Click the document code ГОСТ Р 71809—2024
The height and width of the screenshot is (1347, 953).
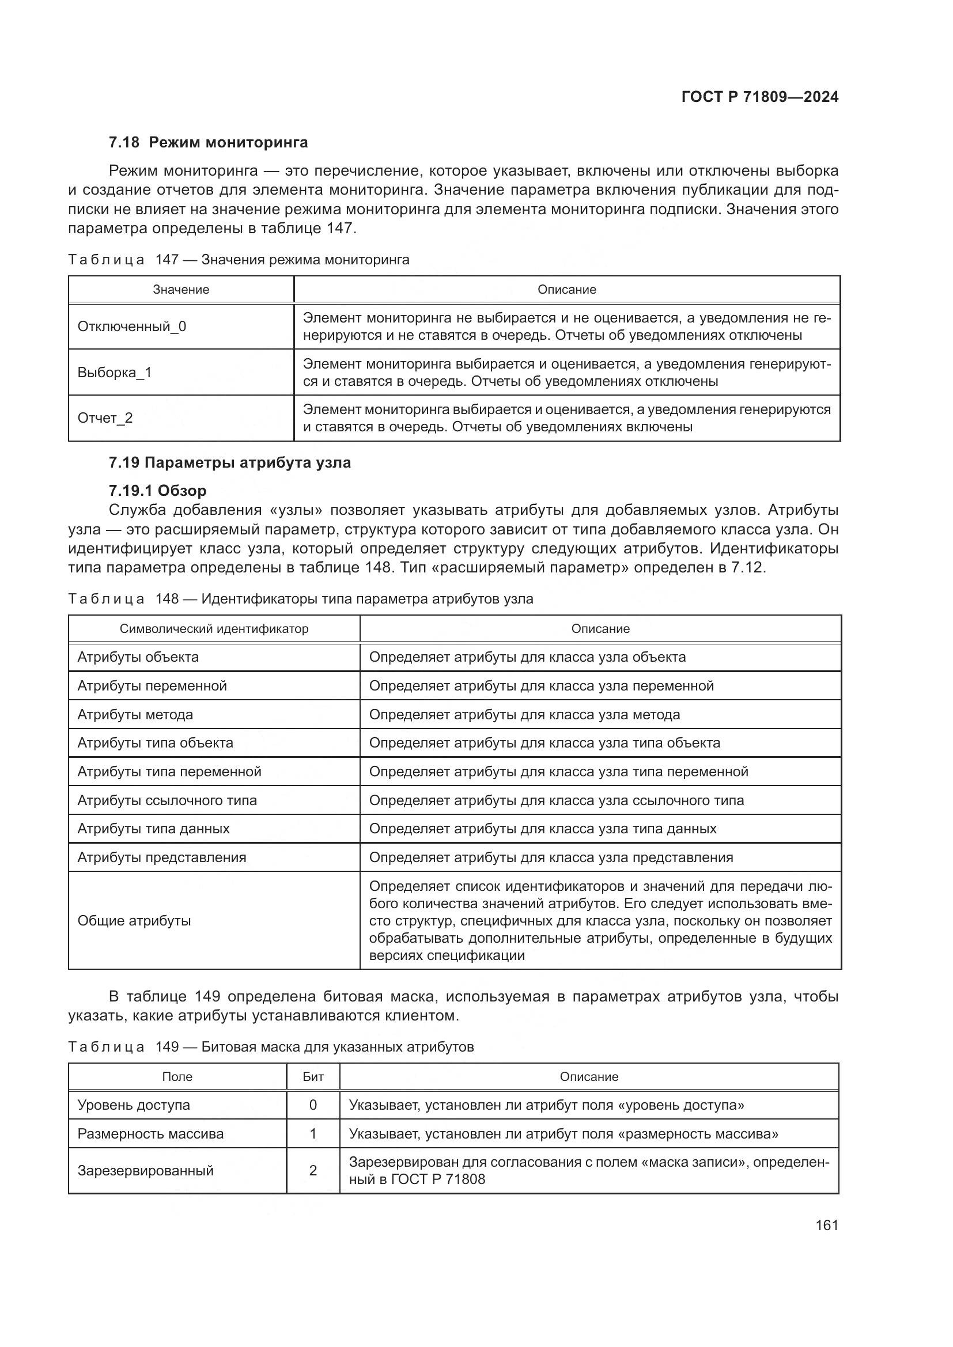point(759,97)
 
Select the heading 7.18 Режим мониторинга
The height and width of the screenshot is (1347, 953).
point(209,143)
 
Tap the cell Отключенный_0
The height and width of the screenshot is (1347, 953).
point(131,327)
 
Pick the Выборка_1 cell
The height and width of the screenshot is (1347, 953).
point(115,373)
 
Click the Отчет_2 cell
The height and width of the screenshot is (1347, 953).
point(105,418)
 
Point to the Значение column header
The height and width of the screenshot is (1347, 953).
point(181,290)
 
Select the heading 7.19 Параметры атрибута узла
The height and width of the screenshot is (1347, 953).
point(229,463)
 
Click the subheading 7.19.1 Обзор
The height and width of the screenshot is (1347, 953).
point(157,491)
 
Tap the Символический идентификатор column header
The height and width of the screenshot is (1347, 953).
point(214,629)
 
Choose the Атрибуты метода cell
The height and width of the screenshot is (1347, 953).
point(135,715)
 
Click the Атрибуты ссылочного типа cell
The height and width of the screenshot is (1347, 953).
point(167,800)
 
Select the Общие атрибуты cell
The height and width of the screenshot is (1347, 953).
point(134,921)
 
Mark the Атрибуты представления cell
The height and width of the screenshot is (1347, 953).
point(161,857)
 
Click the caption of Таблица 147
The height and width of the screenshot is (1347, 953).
point(239,260)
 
